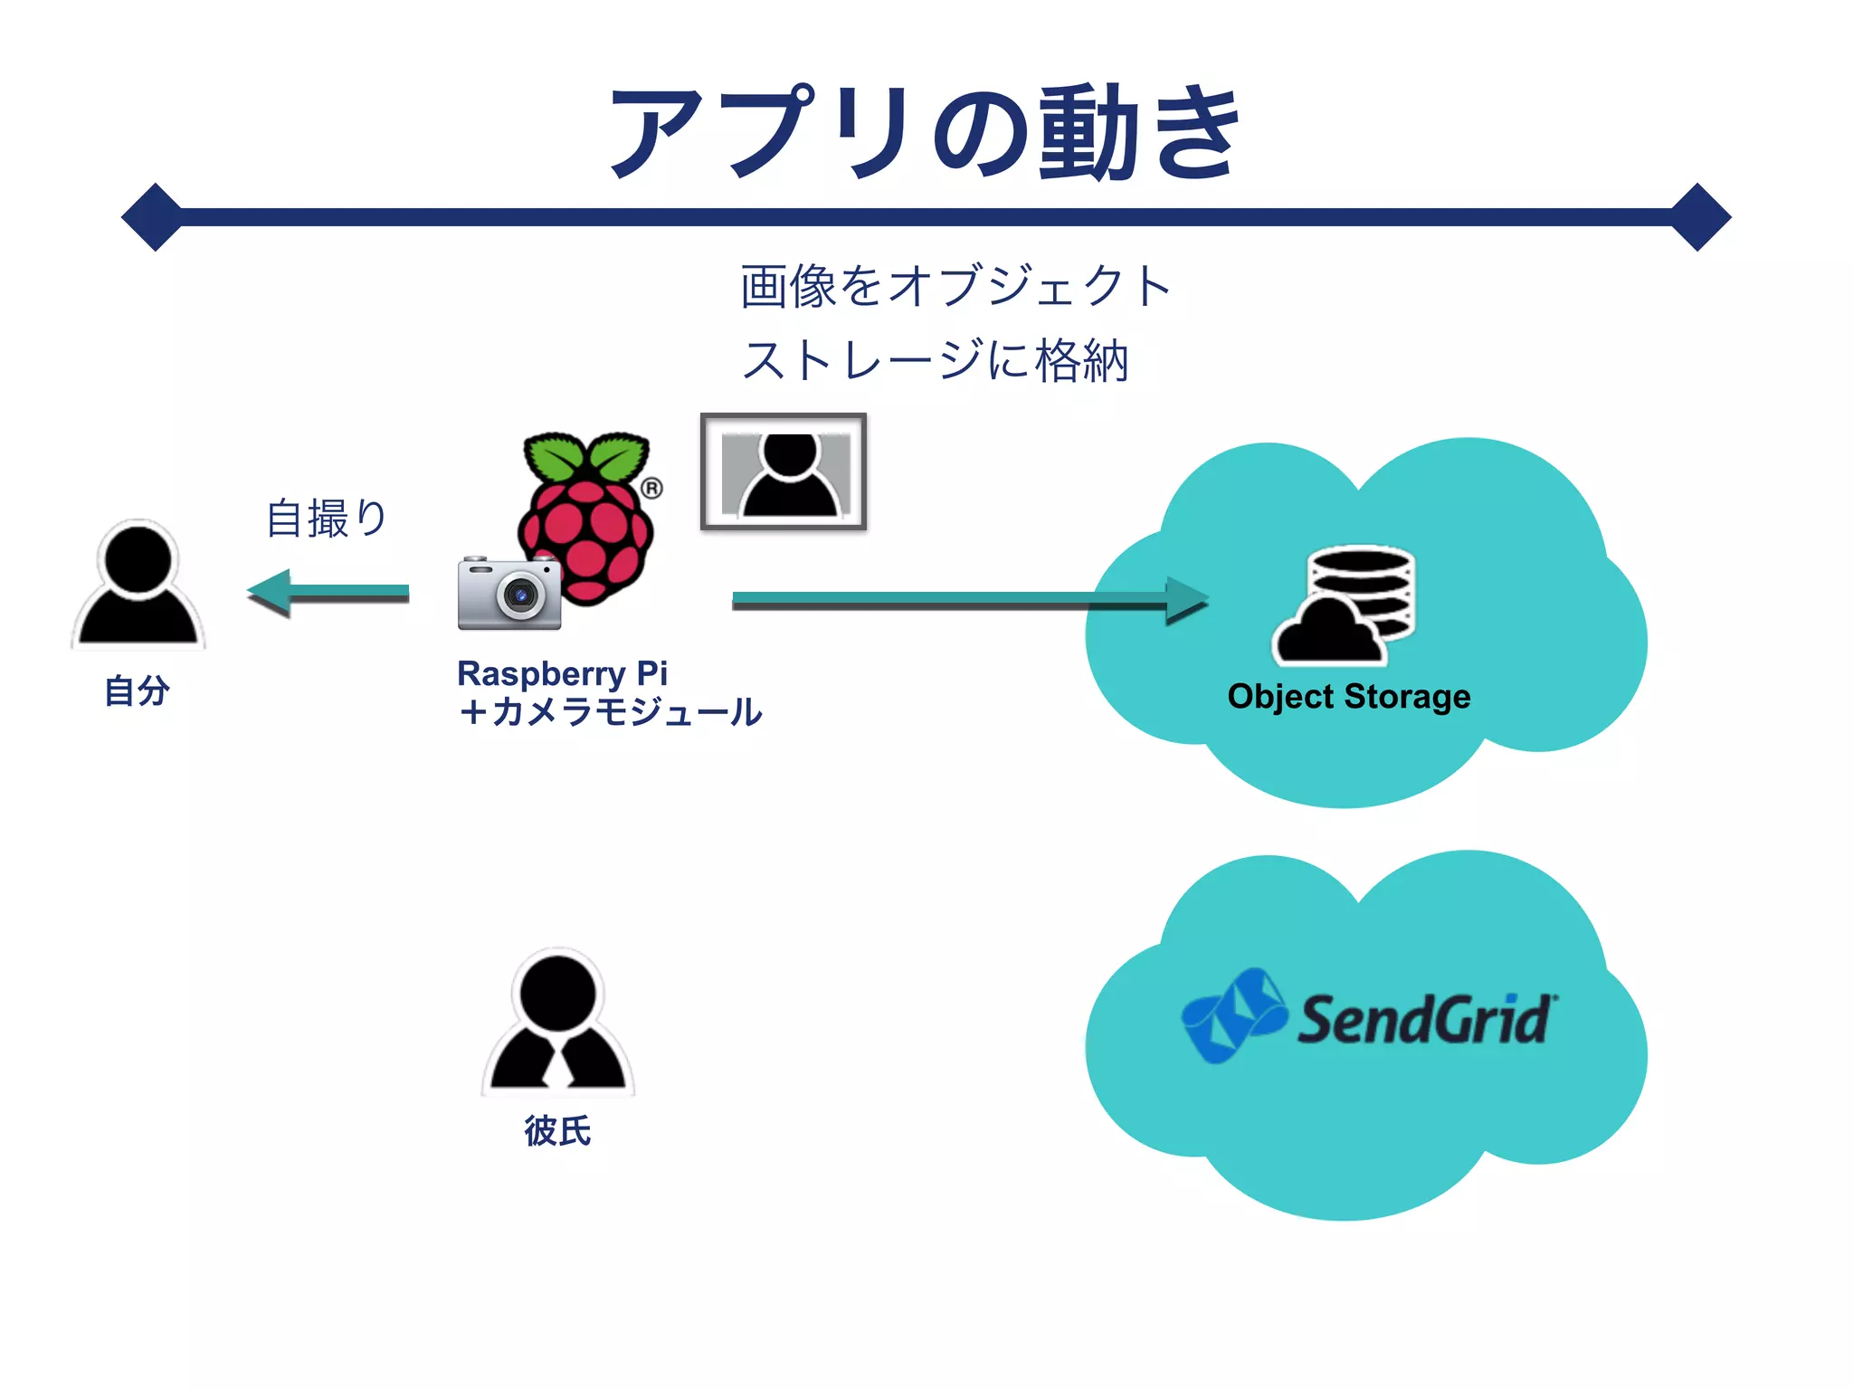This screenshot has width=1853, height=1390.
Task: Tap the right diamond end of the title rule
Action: point(1699,217)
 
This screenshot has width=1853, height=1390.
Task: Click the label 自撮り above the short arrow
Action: point(327,519)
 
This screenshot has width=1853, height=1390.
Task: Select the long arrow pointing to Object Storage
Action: point(968,600)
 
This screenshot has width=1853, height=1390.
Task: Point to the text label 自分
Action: point(138,690)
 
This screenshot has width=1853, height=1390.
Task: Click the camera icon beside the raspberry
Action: point(509,594)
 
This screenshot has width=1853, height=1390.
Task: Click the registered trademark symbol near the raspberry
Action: point(651,489)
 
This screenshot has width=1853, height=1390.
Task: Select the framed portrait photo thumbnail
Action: point(784,471)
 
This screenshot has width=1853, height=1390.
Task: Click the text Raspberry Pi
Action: point(562,674)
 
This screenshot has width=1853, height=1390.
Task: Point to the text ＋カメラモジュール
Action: point(610,712)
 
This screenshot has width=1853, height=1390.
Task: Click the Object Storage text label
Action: point(1348,697)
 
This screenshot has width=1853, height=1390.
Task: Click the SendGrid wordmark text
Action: point(1426,1020)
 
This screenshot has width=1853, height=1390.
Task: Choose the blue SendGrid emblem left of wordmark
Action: point(1234,1015)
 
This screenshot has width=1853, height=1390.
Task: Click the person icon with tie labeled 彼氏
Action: point(557,1023)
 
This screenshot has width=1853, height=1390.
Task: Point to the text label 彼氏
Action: point(557,1131)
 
